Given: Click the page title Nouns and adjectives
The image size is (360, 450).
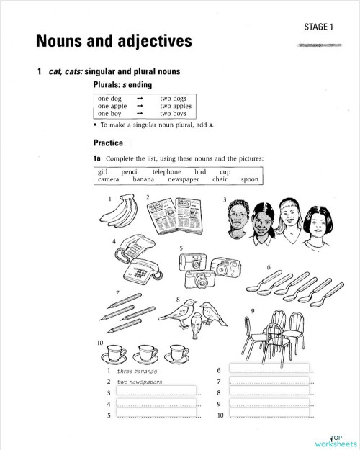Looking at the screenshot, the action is (x=113, y=42).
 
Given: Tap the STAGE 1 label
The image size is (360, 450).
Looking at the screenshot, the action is (x=319, y=27).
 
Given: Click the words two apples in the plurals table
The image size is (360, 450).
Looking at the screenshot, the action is (x=176, y=105).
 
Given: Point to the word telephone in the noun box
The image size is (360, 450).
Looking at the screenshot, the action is (x=166, y=172).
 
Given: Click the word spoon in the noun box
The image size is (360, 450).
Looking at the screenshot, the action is (x=249, y=180).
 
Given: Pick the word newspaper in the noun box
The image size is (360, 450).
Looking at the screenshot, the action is (x=184, y=180).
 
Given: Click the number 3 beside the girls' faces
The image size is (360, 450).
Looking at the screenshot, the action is (x=225, y=199).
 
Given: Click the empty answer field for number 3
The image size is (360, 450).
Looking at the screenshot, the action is (x=156, y=392).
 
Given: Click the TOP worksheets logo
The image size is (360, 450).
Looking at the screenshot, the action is (x=336, y=441).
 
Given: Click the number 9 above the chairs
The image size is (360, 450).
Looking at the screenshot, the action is (x=252, y=310).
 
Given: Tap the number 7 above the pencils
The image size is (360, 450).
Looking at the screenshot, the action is (x=117, y=292).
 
